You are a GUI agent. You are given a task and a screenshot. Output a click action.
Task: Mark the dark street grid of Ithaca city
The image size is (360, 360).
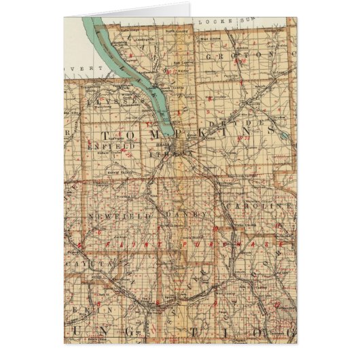click(179, 145)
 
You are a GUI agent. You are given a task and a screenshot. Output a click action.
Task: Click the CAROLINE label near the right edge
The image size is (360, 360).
click(270, 206)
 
